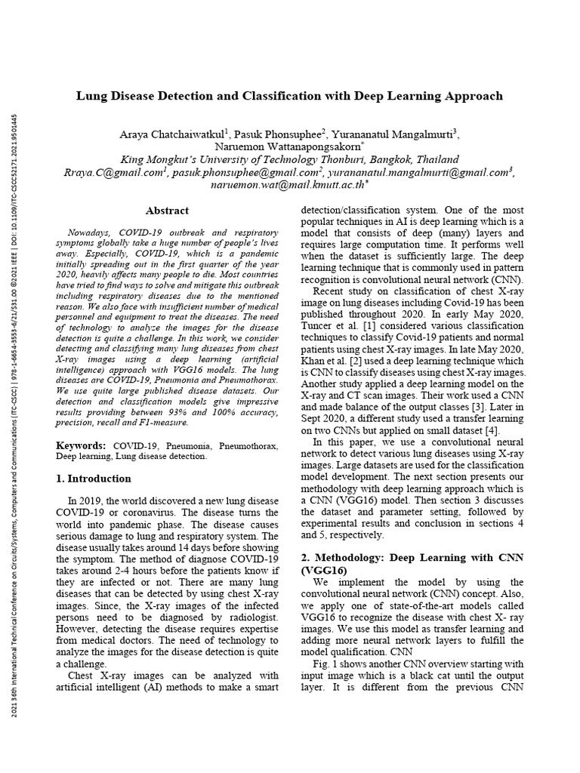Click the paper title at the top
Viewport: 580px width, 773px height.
tap(289, 97)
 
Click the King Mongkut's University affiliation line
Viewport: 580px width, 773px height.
tap(290, 159)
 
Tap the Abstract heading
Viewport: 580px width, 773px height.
tap(167, 211)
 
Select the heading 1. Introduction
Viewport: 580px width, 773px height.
tap(94, 479)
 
